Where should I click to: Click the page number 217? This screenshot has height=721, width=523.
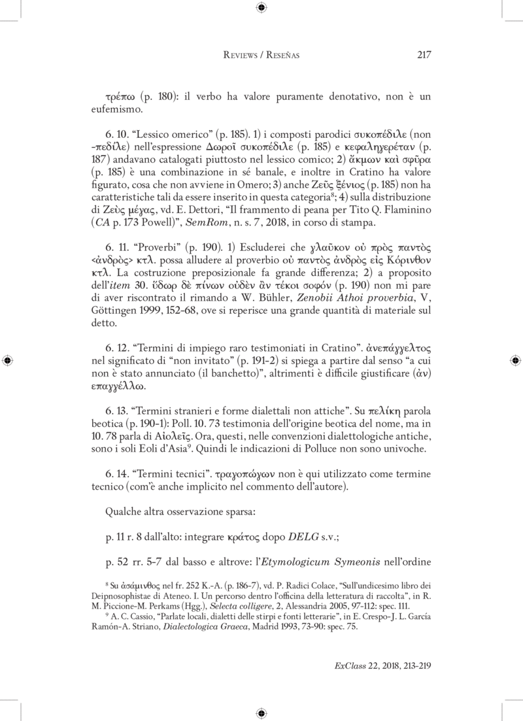424,55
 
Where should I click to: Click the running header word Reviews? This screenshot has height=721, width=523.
242,56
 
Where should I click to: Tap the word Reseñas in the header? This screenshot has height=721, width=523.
282,56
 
